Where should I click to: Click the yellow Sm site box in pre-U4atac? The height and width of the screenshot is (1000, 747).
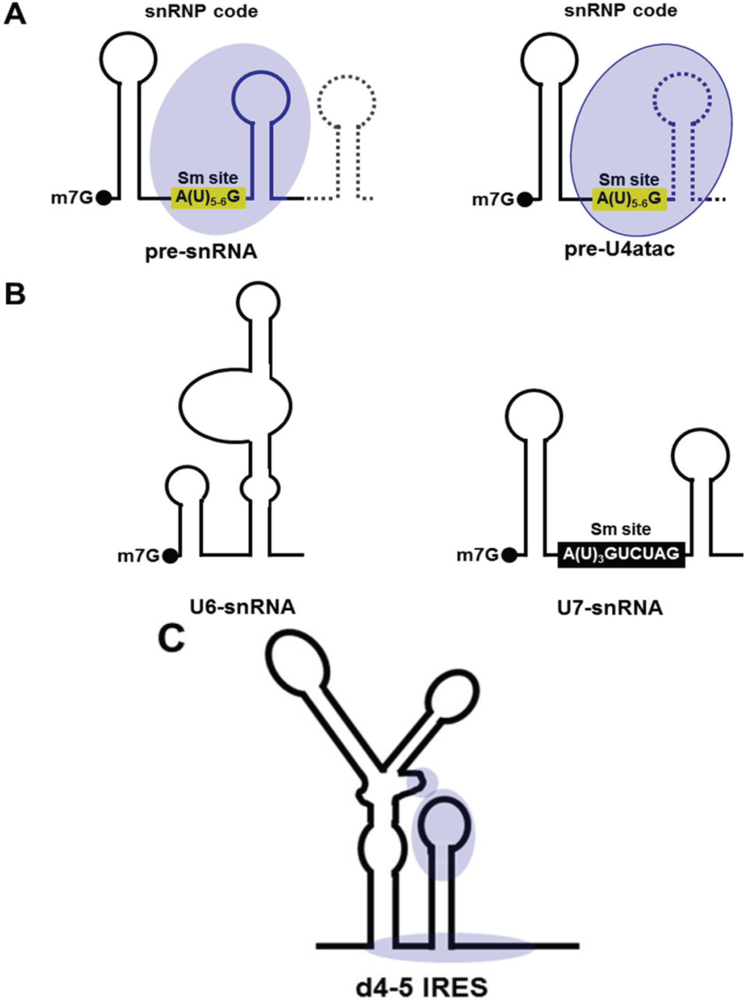click(x=629, y=199)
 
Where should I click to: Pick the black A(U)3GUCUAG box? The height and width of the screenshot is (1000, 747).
click(x=621, y=554)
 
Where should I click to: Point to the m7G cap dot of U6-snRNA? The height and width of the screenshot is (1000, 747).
click(x=171, y=556)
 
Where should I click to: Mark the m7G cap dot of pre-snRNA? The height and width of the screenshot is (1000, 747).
click(x=104, y=199)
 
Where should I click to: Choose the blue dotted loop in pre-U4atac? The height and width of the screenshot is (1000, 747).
click(x=683, y=96)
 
